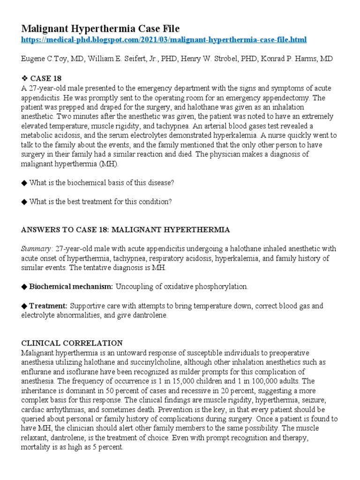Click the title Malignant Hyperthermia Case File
pos(100,28)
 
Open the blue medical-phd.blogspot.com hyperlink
pos(164,40)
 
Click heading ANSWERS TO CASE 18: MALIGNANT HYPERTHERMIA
pos(126,230)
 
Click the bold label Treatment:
pos(48,306)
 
